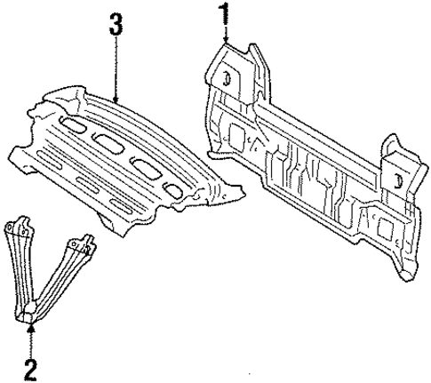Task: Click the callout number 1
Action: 225,13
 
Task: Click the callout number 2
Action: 31,365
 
